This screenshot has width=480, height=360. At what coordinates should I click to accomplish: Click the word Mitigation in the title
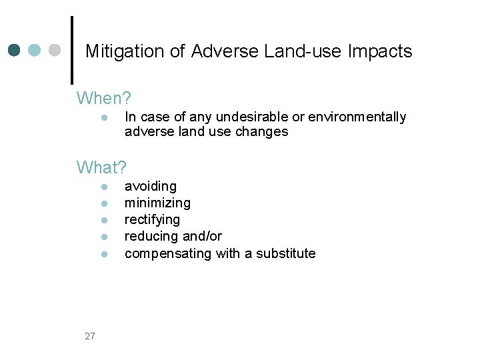coord(118,51)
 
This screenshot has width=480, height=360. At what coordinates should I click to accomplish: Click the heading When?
coord(103,99)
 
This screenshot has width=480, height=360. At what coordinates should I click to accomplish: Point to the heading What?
coord(101,166)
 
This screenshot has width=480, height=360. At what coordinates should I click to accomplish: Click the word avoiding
coord(151,186)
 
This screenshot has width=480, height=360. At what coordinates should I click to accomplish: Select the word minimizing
coord(157,203)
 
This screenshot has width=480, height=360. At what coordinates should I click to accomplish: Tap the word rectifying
coord(152,220)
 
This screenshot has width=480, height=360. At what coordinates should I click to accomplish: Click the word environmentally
coord(357,117)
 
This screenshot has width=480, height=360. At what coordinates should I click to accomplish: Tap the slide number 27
coord(90,336)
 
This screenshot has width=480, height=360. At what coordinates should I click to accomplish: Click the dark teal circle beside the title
coord(14,51)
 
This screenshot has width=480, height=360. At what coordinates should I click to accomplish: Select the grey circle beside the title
coord(55,51)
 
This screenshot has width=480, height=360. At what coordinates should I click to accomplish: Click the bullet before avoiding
coord(105,187)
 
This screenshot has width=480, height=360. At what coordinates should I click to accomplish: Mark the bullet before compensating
coord(105,254)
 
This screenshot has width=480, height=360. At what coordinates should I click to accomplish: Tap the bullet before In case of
coord(105,118)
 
